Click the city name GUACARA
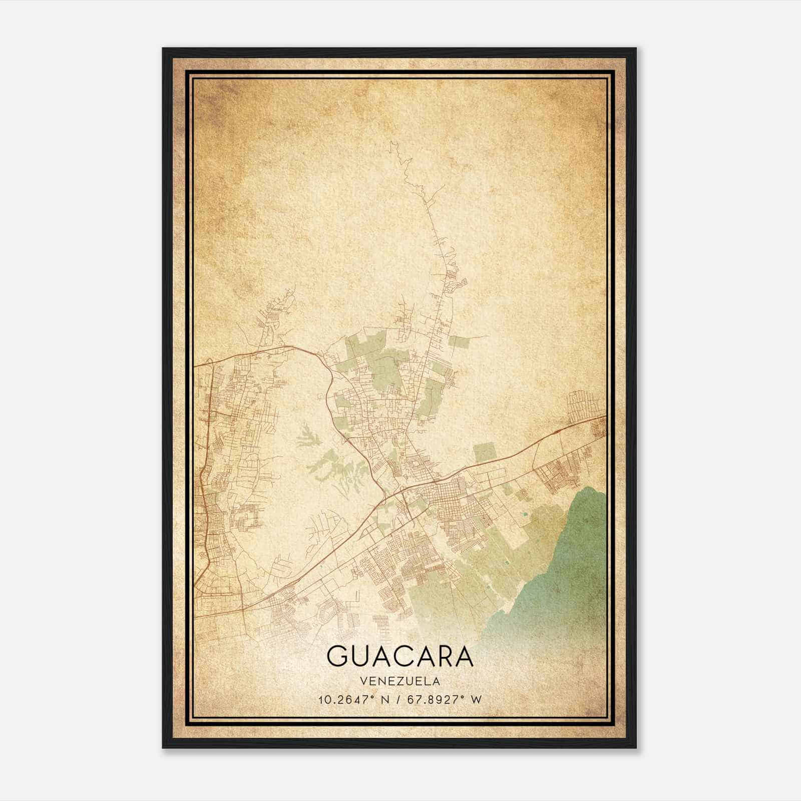click(x=400, y=656)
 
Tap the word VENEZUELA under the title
click(x=400, y=681)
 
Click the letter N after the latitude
click(x=385, y=699)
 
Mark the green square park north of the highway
click(x=484, y=453)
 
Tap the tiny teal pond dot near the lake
click(x=524, y=514)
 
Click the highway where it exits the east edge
click(x=603, y=417)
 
